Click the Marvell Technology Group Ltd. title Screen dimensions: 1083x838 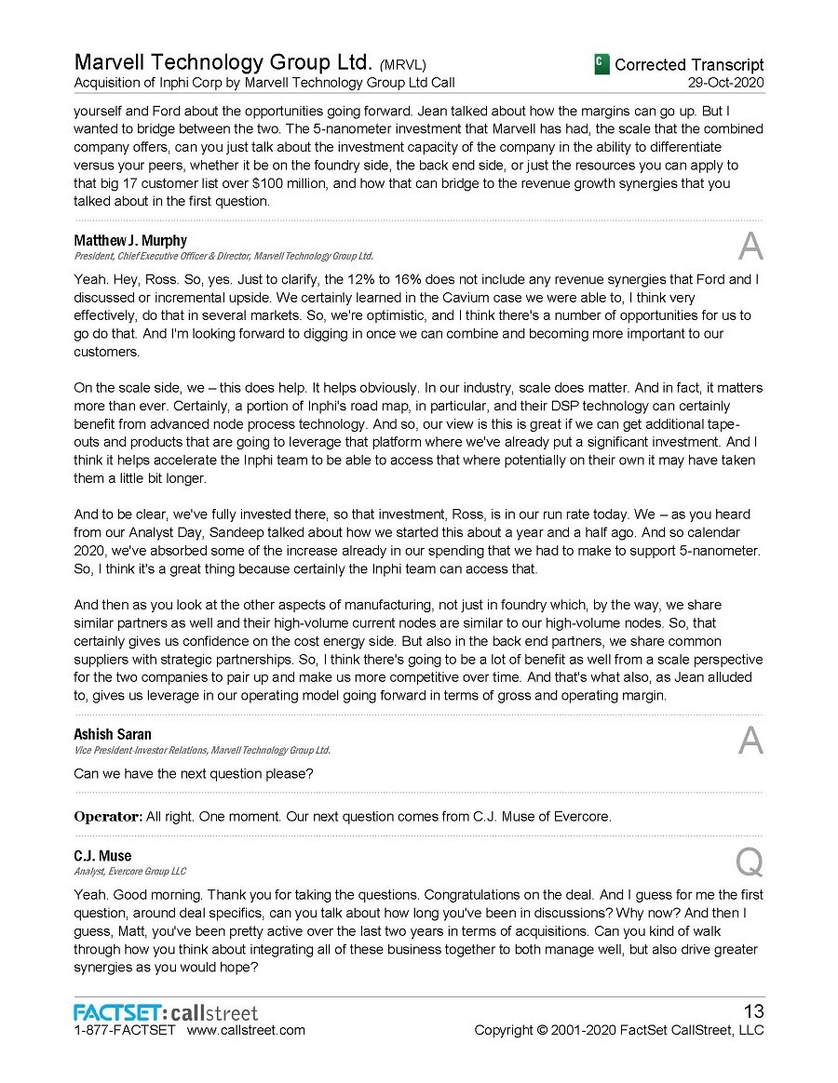pyautogui.click(x=223, y=63)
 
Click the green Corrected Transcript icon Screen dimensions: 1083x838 pyautogui.click(x=601, y=63)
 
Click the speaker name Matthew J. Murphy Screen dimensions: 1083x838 pyautogui.click(x=129, y=241)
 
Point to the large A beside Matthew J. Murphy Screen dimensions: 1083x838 pyautogui.click(x=750, y=247)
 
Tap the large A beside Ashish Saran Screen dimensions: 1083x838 pyautogui.click(x=750, y=741)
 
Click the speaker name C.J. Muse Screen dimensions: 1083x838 pyautogui.click(x=102, y=856)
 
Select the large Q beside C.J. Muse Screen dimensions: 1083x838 pyautogui.click(x=750, y=862)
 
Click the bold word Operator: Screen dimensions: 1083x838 pyautogui.click(x=107, y=817)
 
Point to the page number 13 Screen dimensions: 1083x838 pyautogui.click(x=751, y=1011)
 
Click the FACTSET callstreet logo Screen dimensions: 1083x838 pyautogui.click(x=166, y=1012)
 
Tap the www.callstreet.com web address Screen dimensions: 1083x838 pyautogui.click(x=246, y=1030)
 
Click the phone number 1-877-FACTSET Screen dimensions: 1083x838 pyautogui.click(x=124, y=1030)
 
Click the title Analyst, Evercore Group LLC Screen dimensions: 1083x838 pyautogui.click(x=129, y=872)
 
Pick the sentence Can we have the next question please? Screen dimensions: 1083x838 pyautogui.click(x=193, y=774)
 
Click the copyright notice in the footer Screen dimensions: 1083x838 pyautogui.click(x=618, y=1030)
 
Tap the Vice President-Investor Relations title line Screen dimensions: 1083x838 pyautogui.click(x=202, y=750)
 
